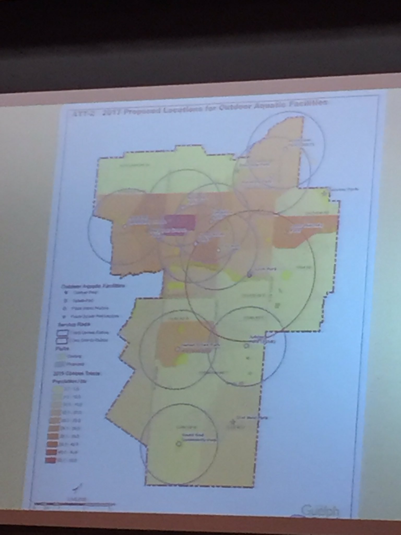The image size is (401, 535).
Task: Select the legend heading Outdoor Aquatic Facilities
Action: pos(93,286)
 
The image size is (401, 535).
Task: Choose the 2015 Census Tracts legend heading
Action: pos(77,373)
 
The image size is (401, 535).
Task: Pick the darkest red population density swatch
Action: pos(51,460)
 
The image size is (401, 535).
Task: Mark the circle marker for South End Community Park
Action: pos(179,443)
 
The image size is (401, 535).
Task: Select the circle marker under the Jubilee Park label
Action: pos(246,346)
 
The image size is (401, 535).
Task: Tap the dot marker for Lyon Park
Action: pos(249,275)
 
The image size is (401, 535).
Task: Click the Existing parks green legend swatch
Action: pos(61,356)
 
